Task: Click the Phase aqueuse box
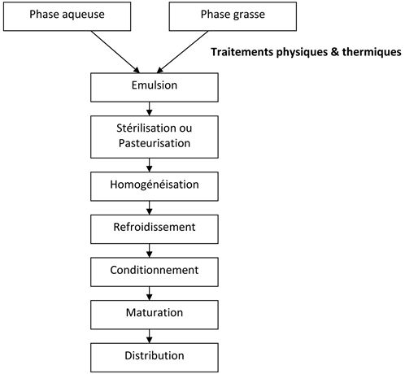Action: pos(67,16)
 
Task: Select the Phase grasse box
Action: pos(233,16)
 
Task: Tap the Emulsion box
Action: pos(155,87)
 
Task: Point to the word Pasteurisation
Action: pos(155,143)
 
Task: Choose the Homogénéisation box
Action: pos(155,186)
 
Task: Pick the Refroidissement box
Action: pos(155,229)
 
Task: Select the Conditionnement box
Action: pos(155,272)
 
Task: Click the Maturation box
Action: pos(155,315)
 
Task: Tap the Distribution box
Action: pos(155,358)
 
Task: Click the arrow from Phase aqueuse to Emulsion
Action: pos(115,52)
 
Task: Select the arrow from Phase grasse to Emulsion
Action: pos(182,52)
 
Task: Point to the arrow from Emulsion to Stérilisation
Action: pos(149,109)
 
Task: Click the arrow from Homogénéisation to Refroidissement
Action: pos(149,208)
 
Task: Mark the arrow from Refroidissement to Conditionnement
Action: pos(149,250)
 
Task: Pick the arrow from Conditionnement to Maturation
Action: pos(149,294)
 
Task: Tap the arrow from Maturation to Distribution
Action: pos(149,337)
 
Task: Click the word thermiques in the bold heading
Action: pos(372,52)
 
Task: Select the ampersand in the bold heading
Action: pos(335,52)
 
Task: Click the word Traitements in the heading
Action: pos(242,52)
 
